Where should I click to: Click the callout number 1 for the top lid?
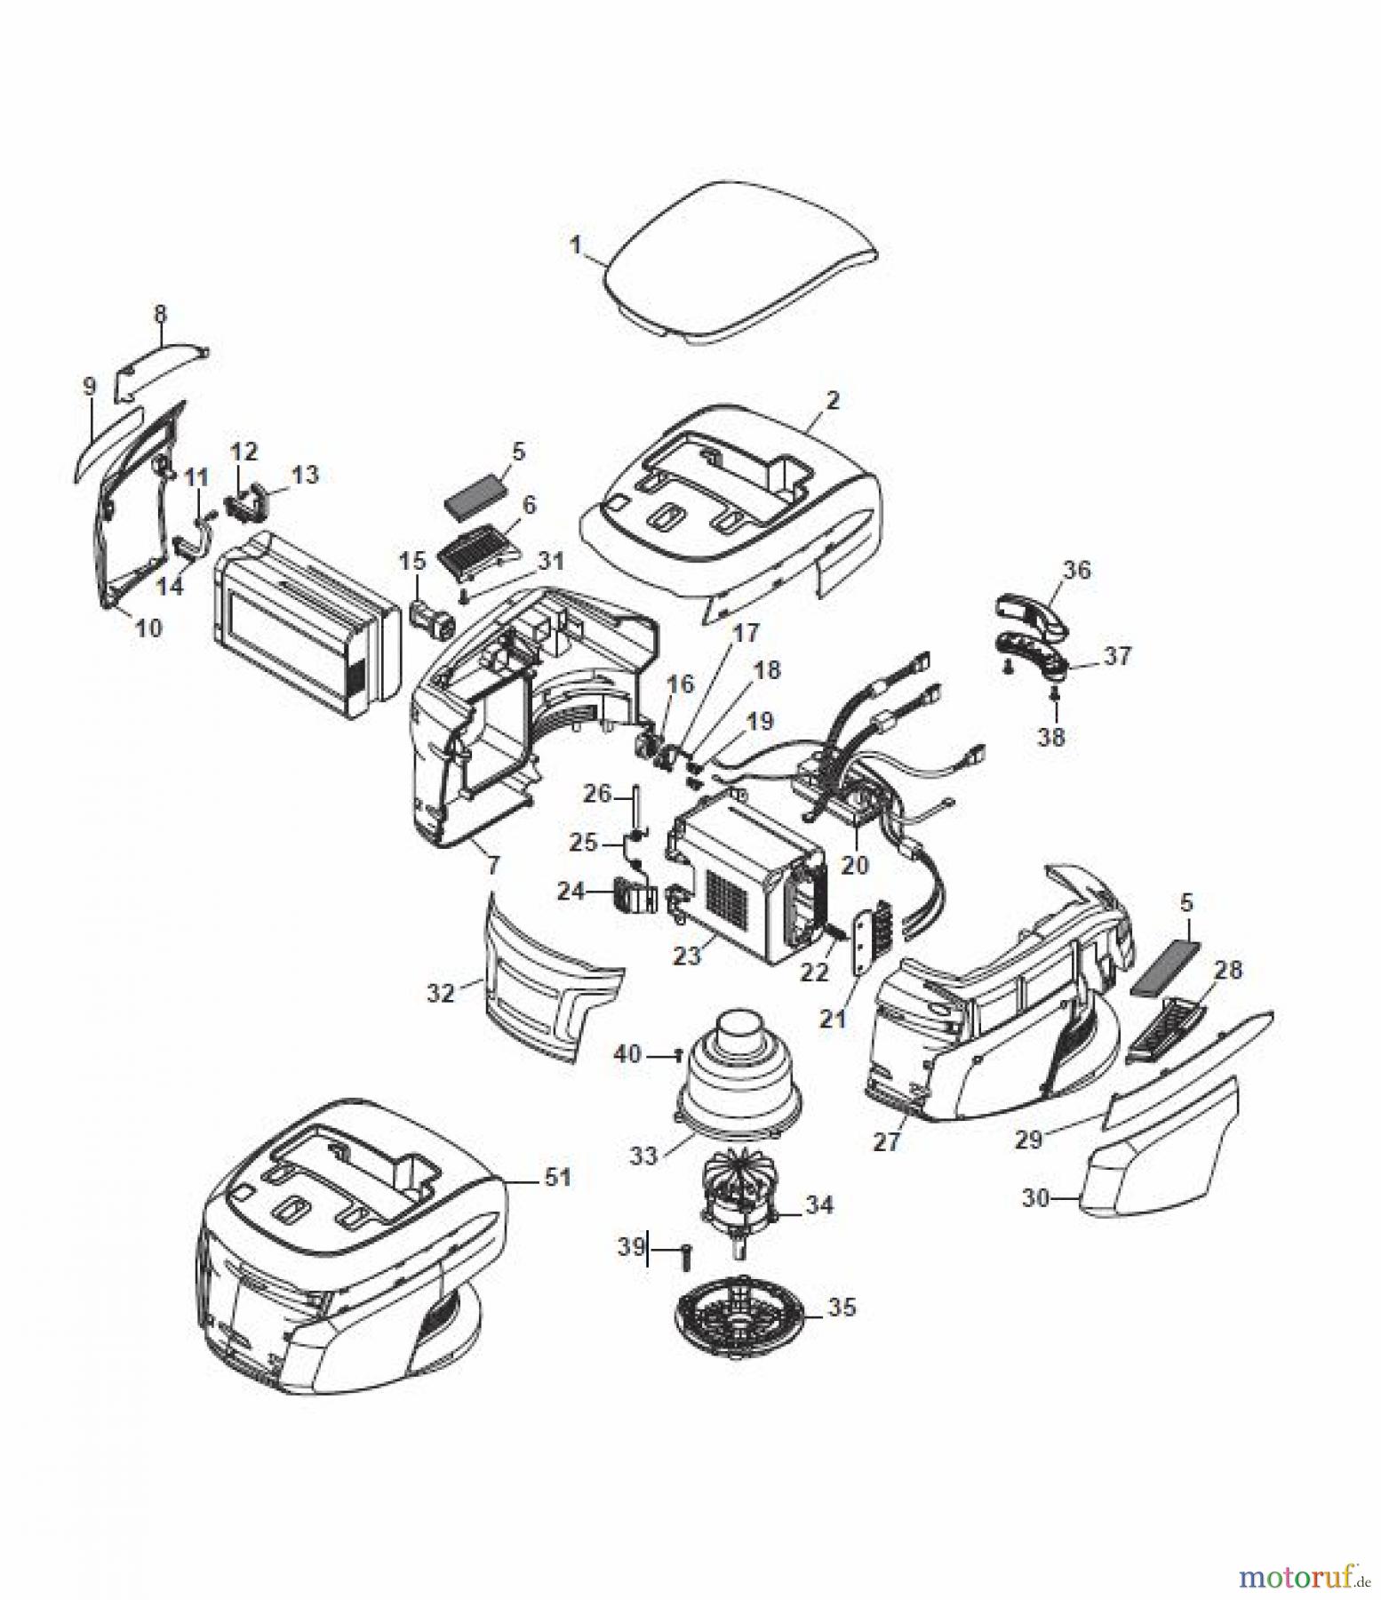[576, 244]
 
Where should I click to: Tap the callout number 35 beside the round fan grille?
[842, 1308]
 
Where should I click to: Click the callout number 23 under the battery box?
[688, 956]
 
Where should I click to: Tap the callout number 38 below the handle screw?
[1052, 737]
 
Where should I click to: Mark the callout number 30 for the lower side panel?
[1036, 1199]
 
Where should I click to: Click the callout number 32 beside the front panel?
[442, 991]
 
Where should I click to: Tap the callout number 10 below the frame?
[149, 628]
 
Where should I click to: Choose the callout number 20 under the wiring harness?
[854, 863]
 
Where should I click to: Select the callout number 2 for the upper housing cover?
[832, 400]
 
